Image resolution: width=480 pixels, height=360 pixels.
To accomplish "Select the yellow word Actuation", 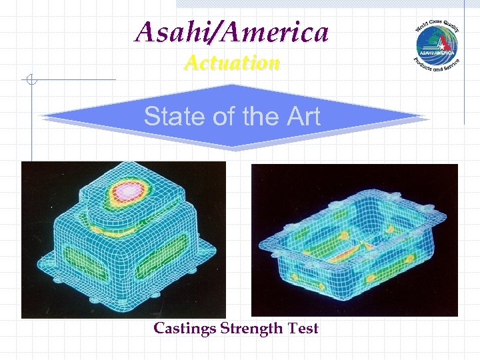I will click(232, 63).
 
